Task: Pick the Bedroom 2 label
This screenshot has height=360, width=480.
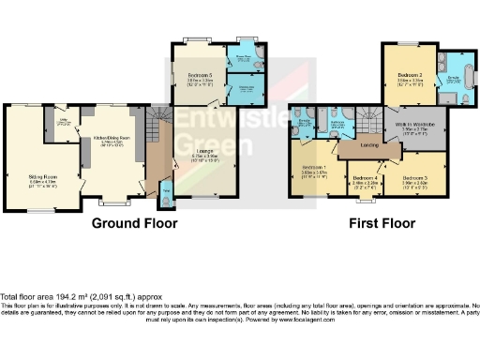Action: click(x=409, y=74)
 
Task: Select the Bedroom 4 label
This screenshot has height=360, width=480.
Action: click(x=364, y=178)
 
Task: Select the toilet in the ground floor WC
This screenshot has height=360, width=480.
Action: click(x=166, y=198)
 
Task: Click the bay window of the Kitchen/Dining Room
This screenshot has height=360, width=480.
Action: click(x=115, y=201)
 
